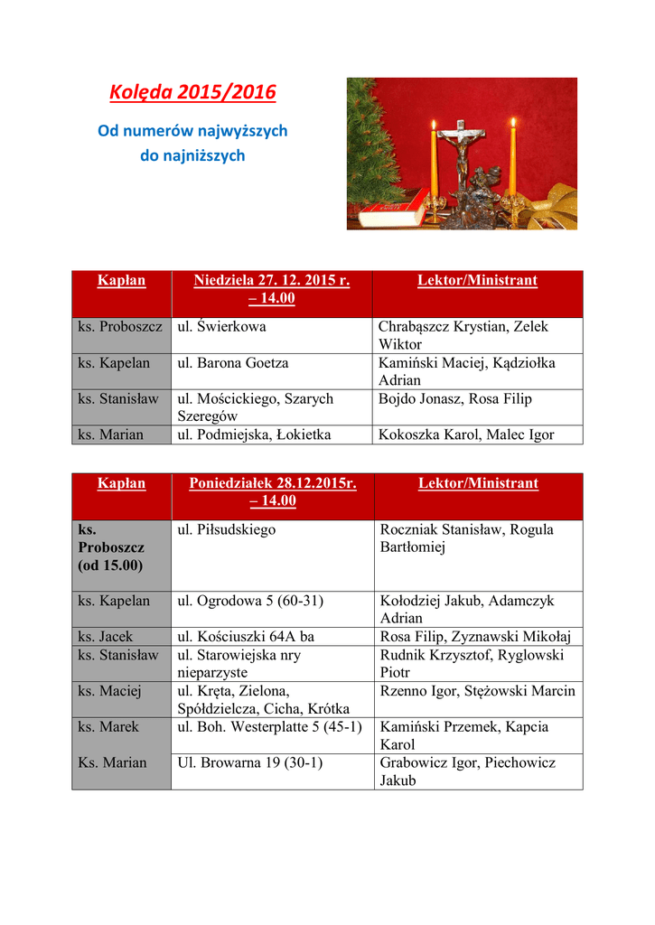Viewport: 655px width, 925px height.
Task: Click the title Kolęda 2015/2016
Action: pyautogui.click(x=192, y=93)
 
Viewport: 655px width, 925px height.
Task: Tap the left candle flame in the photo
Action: pyautogui.click(x=434, y=126)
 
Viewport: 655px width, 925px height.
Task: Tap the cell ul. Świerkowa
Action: pyautogui.click(x=221, y=327)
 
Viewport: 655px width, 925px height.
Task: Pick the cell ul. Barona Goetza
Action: pyautogui.click(x=233, y=363)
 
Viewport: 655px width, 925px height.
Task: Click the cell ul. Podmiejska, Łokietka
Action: pyautogui.click(x=254, y=434)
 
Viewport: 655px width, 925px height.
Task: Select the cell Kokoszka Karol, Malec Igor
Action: pyautogui.click(x=466, y=434)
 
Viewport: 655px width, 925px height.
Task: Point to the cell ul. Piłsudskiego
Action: pyautogui.click(x=227, y=529)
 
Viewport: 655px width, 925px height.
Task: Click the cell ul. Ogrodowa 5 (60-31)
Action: pyautogui.click(x=250, y=601)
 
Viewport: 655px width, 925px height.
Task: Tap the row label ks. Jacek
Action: pyautogui.click(x=106, y=637)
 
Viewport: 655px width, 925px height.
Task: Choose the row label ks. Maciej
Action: pyautogui.click(x=109, y=691)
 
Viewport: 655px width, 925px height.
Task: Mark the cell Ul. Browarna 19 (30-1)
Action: pyautogui.click(x=249, y=762)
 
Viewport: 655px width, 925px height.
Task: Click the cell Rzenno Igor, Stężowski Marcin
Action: pyautogui.click(x=478, y=691)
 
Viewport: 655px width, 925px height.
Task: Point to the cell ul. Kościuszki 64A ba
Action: pyautogui.click(x=247, y=637)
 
